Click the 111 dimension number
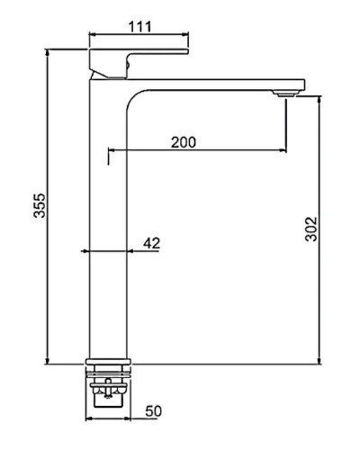[x=139, y=26]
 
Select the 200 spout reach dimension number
[x=184, y=141]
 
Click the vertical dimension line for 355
[x=46, y=207]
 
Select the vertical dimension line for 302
[x=319, y=229]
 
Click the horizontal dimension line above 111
[x=139, y=36]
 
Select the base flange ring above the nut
[x=108, y=366]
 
